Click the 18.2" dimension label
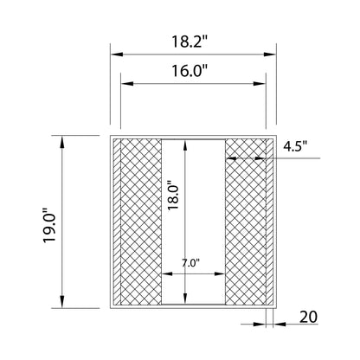pos(190,42)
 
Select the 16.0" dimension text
pos(190,71)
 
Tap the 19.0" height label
pos(49,225)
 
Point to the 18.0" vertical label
pos(174,196)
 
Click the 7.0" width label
pos(190,263)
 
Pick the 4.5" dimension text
pos(295,146)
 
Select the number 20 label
pos(308,317)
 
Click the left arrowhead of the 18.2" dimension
pos(117,55)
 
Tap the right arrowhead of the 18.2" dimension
pos(270,55)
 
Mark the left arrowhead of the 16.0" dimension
pos(127,84)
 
